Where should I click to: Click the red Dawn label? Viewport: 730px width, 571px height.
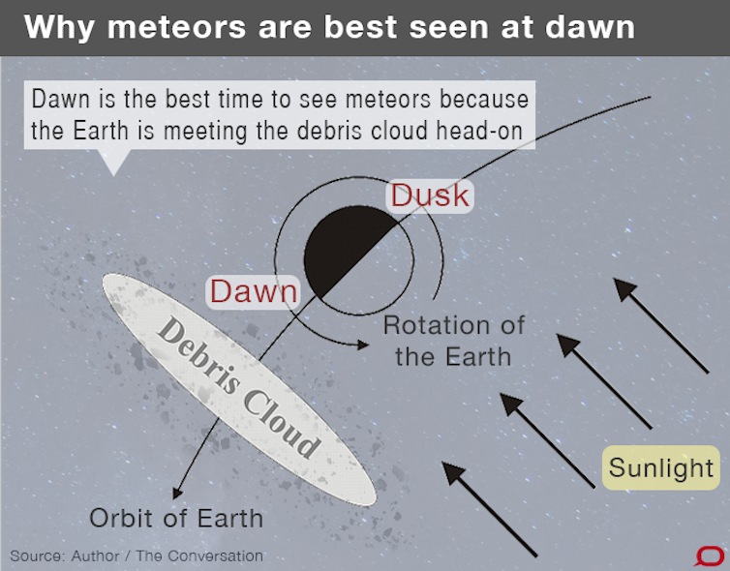point(254,291)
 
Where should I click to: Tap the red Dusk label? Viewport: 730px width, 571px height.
point(430,195)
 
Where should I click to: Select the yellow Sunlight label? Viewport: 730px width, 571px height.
point(661,467)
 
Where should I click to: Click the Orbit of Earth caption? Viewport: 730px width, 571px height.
point(176,518)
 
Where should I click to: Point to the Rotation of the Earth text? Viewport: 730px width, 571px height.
point(454,341)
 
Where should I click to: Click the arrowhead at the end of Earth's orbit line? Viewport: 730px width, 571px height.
point(177,493)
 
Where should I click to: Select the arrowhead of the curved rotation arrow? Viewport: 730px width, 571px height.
point(363,345)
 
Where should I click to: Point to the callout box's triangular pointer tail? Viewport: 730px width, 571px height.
point(113,162)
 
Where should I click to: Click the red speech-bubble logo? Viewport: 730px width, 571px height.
point(711,556)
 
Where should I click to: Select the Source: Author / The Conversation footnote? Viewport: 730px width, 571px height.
point(137,556)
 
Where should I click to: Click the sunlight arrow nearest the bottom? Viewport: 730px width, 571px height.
point(489,509)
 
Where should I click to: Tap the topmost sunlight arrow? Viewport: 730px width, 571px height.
point(661,326)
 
